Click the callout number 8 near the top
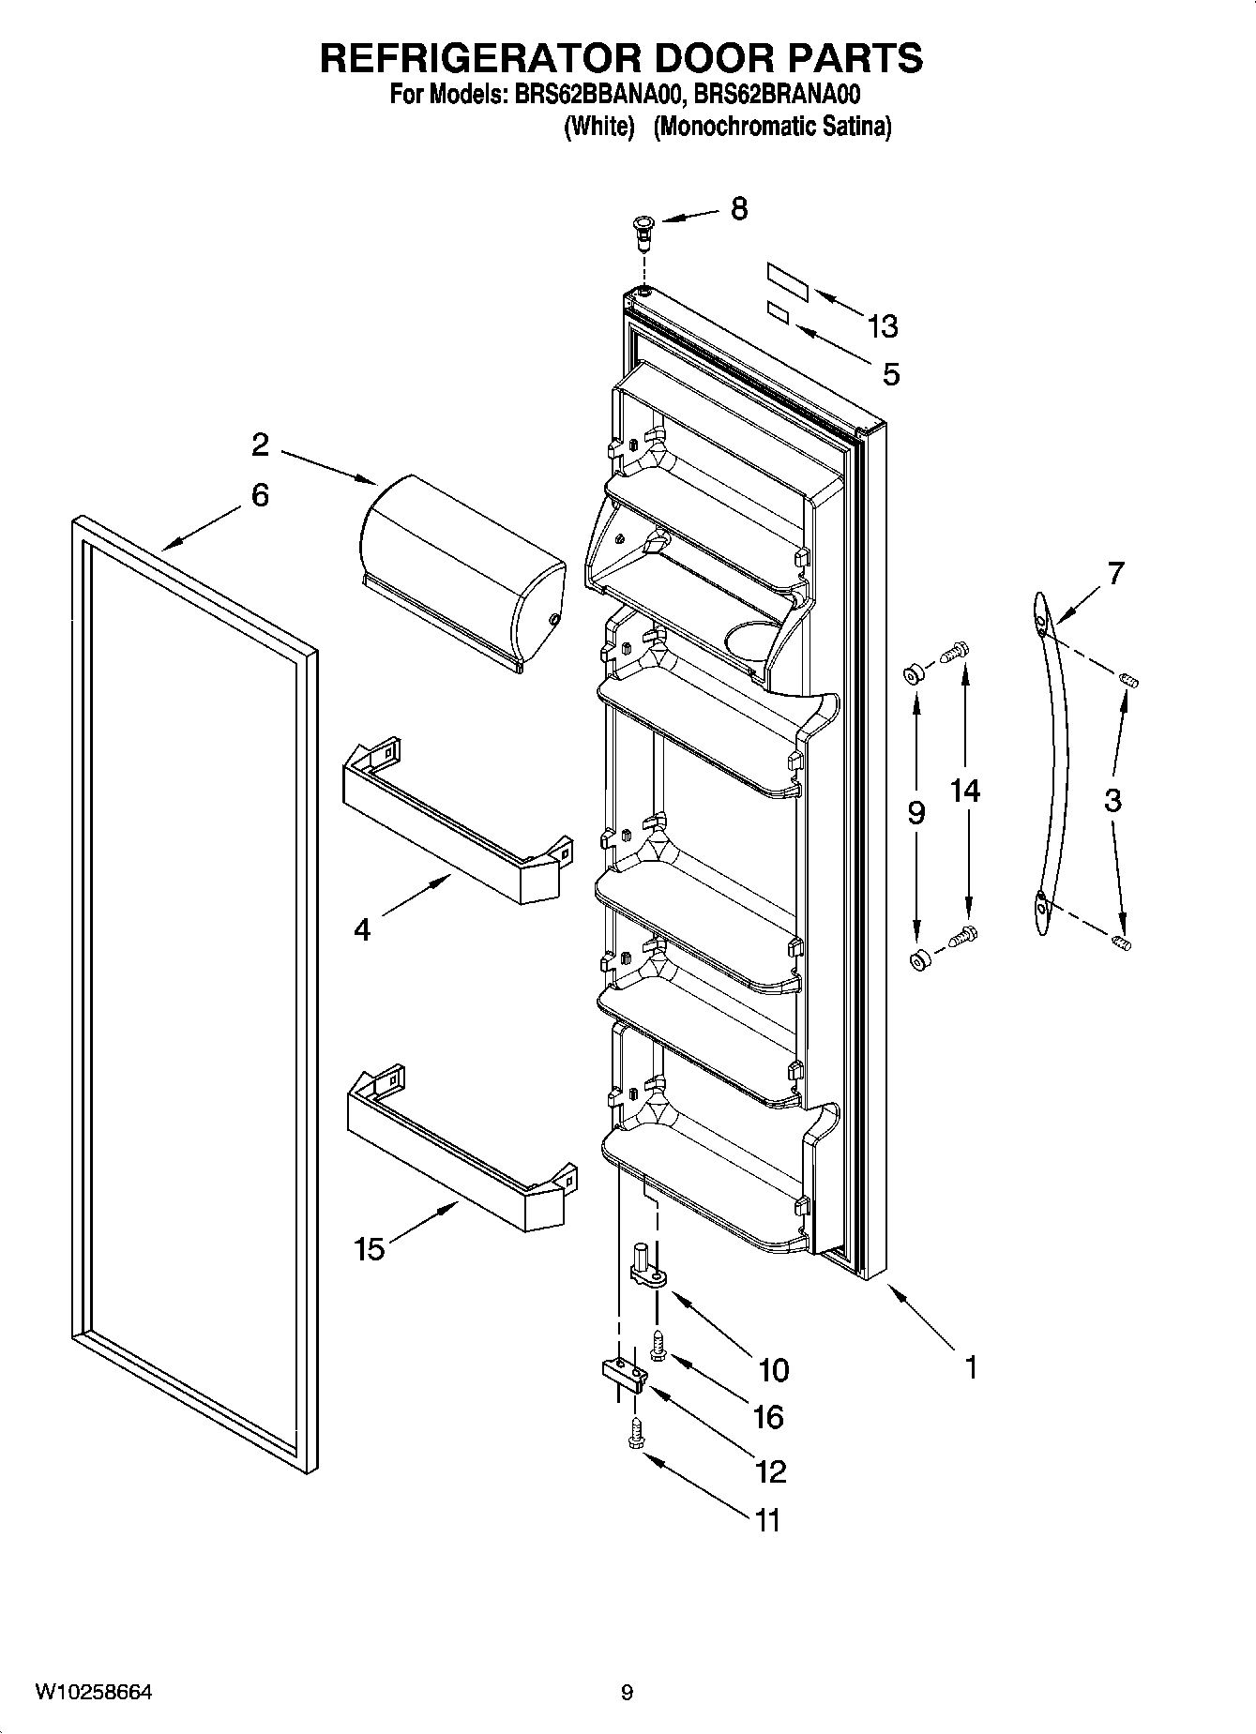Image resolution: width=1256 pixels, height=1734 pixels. (x=739, y=208)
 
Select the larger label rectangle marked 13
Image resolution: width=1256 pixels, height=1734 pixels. (x=788, y=282)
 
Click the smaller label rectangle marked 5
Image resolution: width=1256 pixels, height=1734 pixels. (x=778, y=313)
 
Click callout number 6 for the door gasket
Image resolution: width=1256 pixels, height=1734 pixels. (x=260, y=494)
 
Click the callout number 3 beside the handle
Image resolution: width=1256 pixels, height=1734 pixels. (x=1112, y=800)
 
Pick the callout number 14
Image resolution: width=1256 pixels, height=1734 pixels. (x=965, y=791)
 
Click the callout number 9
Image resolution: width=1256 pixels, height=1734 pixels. (x=916, y=812)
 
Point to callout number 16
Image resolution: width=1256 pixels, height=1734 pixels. (x=767, y=1416)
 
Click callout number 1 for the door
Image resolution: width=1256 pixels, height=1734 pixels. (x=971, y=1367)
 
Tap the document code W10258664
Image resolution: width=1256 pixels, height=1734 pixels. (x=94, y=1692)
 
